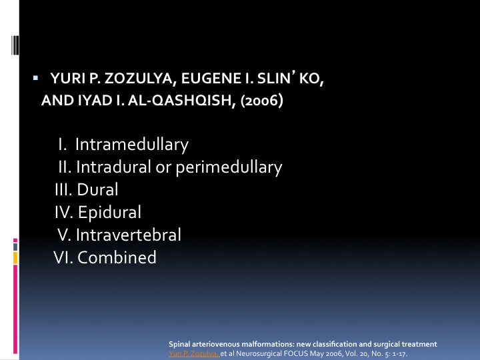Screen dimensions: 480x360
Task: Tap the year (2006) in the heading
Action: (x=262, y=101)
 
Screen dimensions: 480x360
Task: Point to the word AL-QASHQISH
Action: (x=181, y=101)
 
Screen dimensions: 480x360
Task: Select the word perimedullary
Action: (x=229, y=168)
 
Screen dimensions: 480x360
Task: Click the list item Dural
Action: (x=97, y=189)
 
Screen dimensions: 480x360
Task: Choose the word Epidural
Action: (x=109, y=212)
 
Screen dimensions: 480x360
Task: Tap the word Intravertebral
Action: (x=128, y=235)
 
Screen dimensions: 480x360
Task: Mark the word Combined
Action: (x=117, y=257)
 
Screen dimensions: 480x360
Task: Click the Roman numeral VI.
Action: (x=63, y=257)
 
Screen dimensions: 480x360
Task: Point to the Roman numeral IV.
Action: (x=64, y=213)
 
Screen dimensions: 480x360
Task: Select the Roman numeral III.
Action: (x=63, y=190)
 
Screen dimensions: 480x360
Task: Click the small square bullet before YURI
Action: (x=35, y=78)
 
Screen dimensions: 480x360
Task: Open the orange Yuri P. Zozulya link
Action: (x=194, y=353)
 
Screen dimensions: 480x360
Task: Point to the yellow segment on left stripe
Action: (x=15, y=258)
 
